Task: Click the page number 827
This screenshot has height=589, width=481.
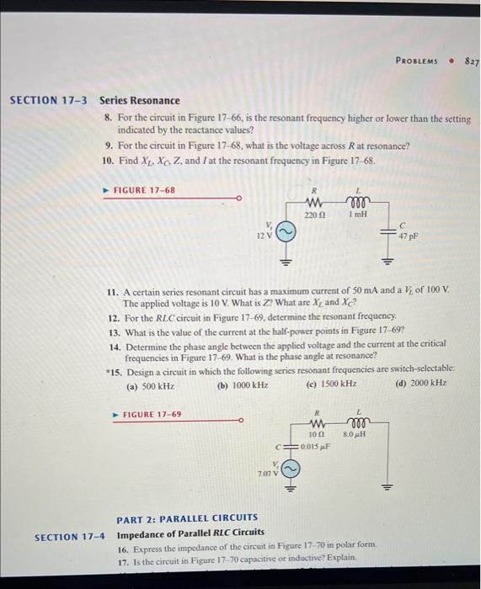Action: click(471, 61)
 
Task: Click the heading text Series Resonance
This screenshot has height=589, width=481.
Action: click(140, 100)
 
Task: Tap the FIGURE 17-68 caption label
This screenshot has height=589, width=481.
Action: click(144, 190)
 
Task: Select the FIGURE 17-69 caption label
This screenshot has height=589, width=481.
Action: click(152, 414)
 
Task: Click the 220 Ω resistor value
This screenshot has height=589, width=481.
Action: click(313, 215)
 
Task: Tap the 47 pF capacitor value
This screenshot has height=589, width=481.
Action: click(408, 236)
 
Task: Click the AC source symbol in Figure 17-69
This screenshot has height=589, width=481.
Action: click(289, 466)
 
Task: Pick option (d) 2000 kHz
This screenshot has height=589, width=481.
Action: click(422, 383)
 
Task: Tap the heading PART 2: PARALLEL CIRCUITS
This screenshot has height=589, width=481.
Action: click(187, 517)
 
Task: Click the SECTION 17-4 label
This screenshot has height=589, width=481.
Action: click(70, 536)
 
